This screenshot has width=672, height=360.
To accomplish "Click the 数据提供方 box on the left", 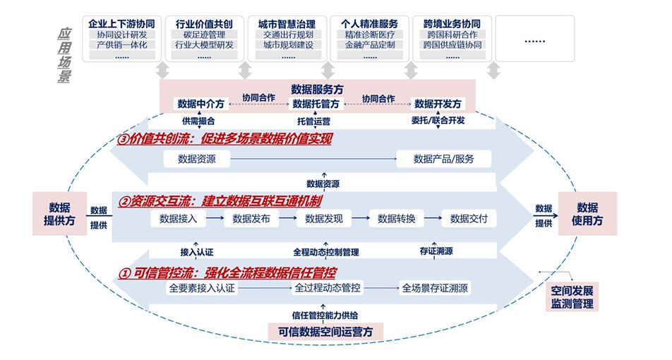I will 59,212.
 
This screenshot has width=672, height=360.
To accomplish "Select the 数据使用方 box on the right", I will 587,212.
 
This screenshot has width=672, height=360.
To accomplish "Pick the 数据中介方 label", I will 201,104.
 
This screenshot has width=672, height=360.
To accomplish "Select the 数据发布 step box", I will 251,219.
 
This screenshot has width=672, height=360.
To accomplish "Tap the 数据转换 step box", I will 396,219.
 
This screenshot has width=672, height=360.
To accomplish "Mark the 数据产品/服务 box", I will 444,159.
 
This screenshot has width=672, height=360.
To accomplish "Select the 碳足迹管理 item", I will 203,34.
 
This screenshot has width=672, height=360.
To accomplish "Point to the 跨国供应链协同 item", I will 452,44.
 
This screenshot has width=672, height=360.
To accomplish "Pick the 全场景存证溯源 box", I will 435,288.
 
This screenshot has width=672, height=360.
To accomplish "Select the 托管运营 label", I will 314,121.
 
